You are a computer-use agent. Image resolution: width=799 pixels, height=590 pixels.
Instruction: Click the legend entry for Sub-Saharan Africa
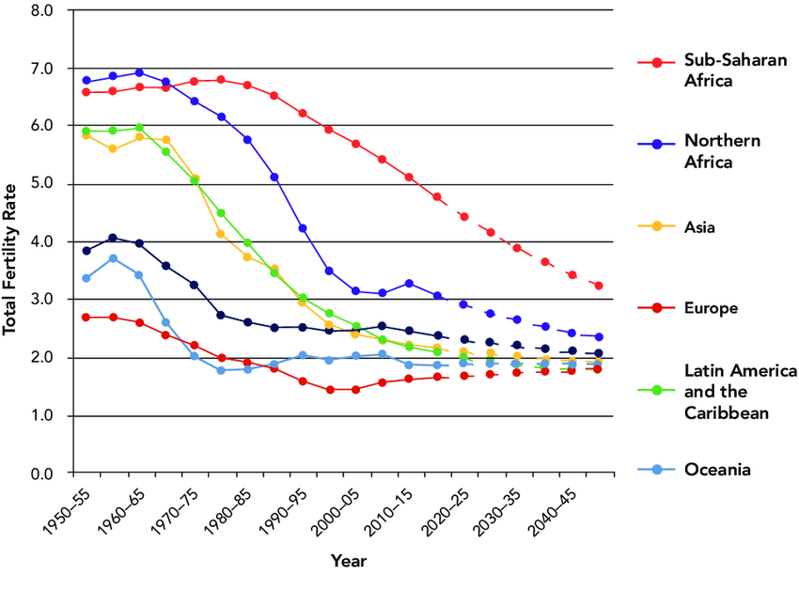pos(723,70)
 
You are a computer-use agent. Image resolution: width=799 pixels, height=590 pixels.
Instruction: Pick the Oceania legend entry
pos(717,470)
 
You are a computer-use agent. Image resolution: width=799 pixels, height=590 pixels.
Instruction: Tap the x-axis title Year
pos(348,562)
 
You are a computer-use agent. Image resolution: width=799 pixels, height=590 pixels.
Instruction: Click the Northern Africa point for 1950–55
pos(86,81)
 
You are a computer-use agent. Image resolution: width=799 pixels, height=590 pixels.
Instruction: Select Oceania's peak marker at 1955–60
pos(113,258)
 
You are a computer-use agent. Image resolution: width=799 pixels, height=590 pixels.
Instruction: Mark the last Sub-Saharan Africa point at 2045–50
pos(599,286)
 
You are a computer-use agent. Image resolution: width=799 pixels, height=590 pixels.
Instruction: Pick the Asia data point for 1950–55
pos(86,135)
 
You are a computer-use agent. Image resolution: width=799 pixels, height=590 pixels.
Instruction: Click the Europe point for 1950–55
pos(86,318)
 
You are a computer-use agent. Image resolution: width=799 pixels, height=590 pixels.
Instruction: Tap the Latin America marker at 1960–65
pos(139,127)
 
